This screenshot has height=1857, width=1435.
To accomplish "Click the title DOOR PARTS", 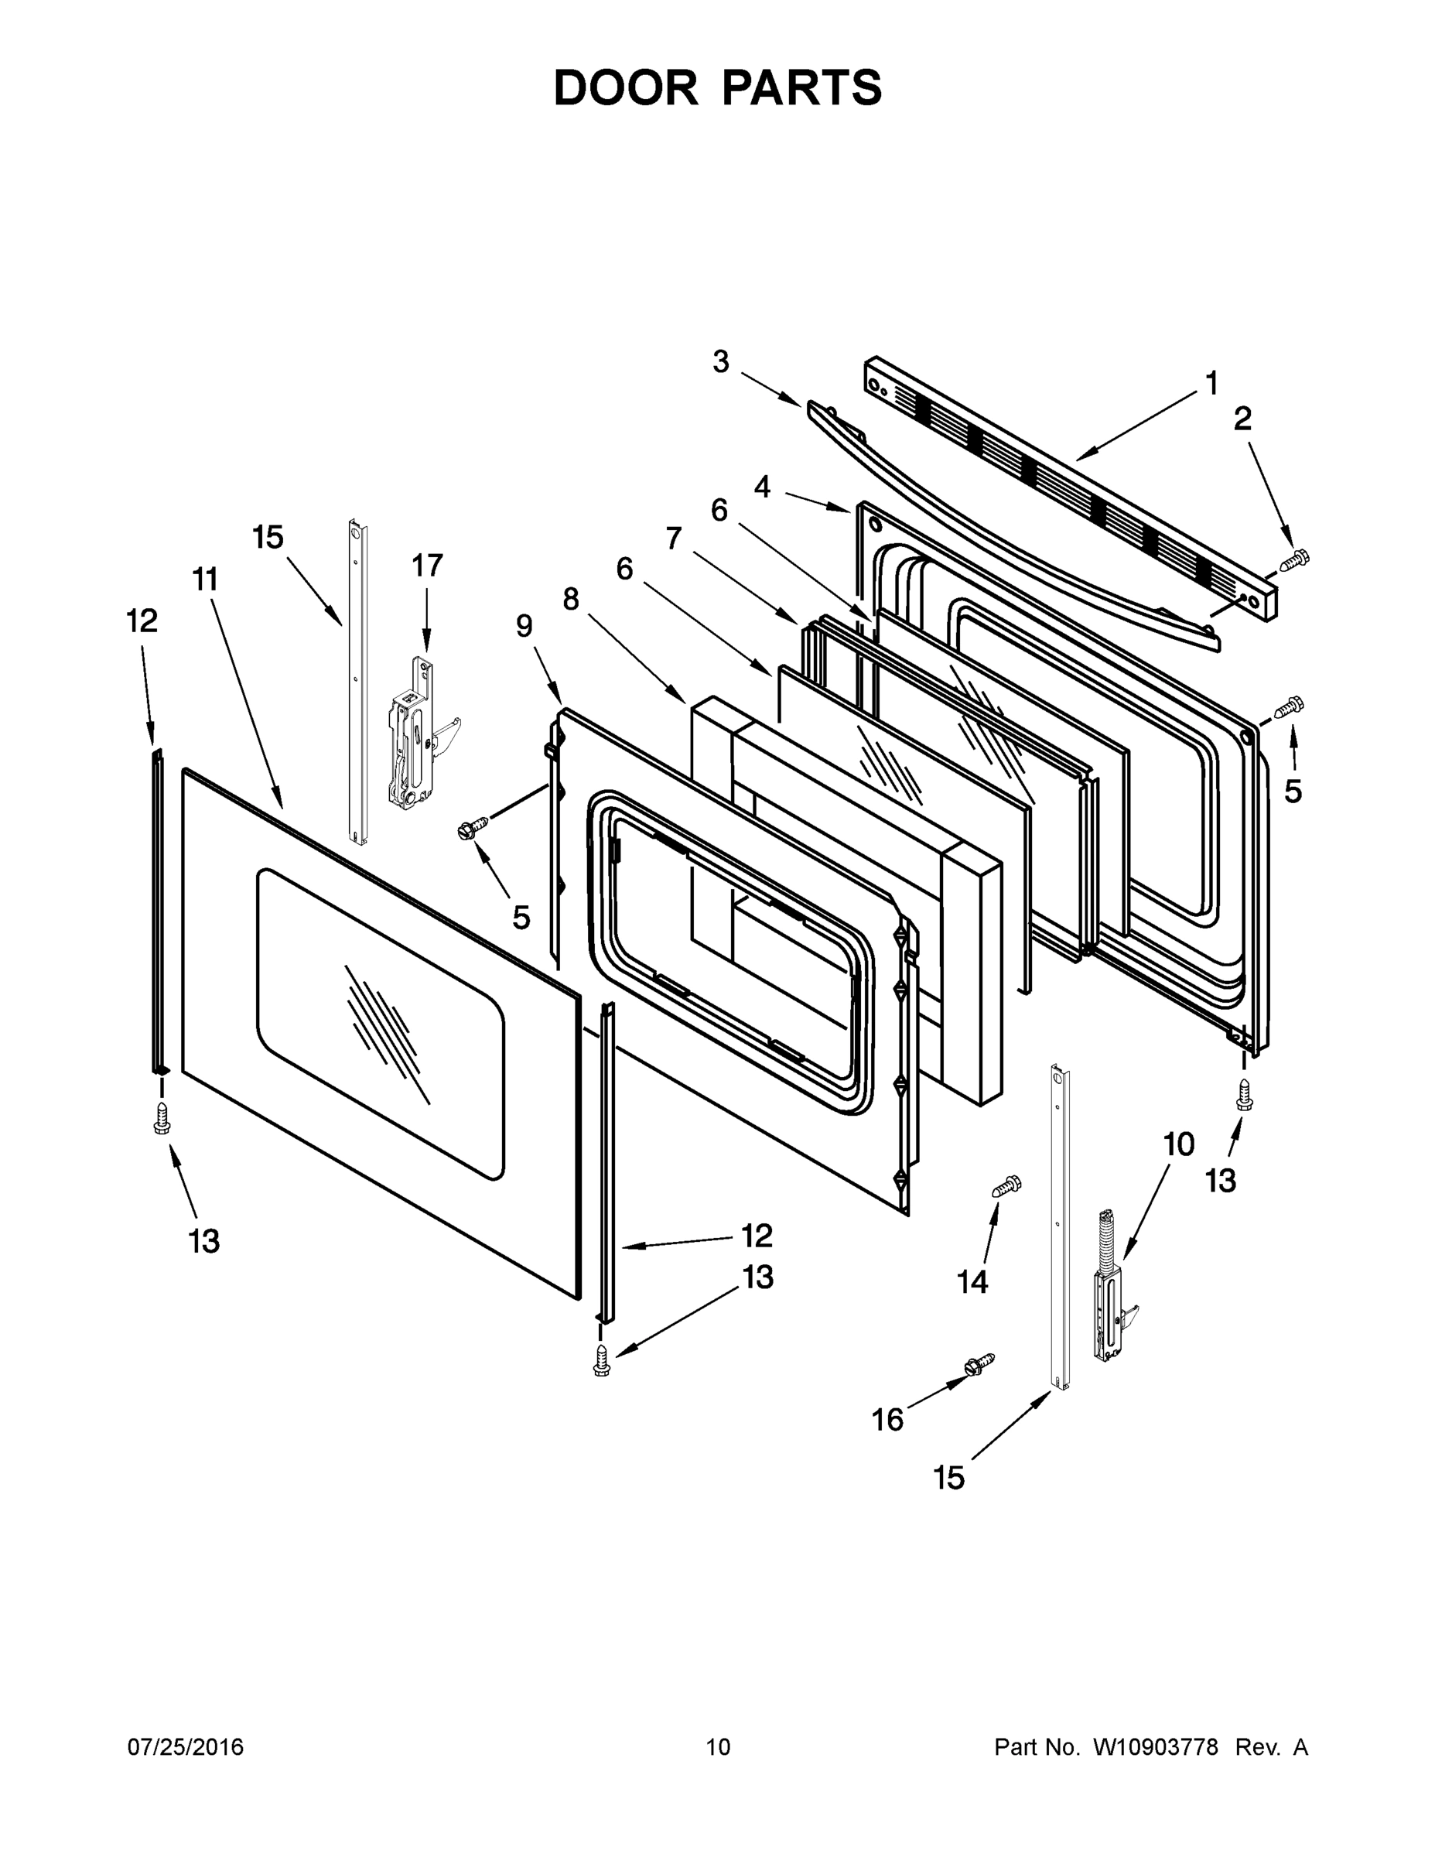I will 718,87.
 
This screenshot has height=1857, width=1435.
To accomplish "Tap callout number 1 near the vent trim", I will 1211,384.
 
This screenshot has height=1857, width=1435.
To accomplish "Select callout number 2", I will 1242,419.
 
